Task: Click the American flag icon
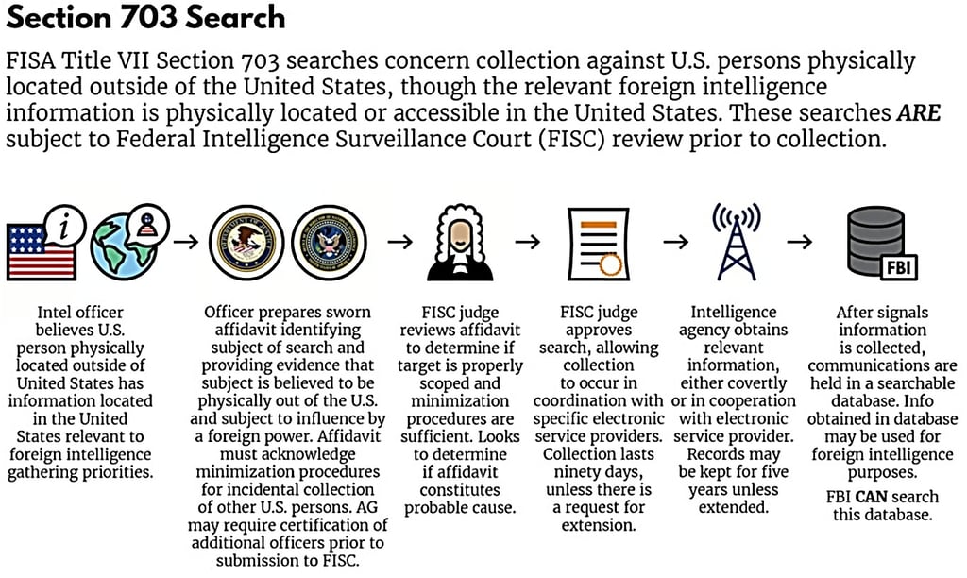pyautogui.click(x=40, y=250)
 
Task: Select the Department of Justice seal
pyautogui.click(x=245, y=241)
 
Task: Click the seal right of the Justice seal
pyautogui.click(x=328, y=241)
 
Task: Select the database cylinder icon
pyautogui.click(x=874, y=241)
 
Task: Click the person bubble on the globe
pyautogui.click(x=149, y=223)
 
